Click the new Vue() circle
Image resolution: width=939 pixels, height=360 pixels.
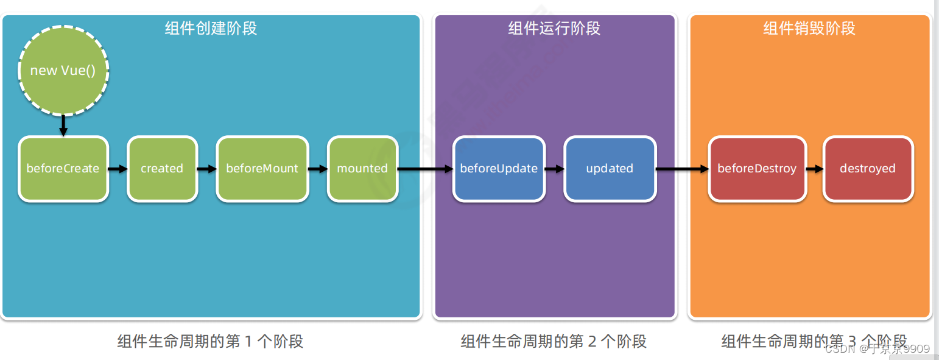click(63, 70)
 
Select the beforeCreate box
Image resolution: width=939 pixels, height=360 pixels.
click(63, 169)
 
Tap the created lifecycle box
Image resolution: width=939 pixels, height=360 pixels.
click(162, 169)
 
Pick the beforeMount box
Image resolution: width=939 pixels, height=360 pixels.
click(262, 169)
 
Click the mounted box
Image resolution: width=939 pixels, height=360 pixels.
click(362, 169)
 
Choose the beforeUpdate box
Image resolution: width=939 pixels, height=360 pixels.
click(499, 169)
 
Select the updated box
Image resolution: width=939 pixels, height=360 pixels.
click(610, 169)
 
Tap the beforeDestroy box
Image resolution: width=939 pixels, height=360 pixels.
click(757, 169)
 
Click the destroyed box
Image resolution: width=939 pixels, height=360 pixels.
click(868, 169)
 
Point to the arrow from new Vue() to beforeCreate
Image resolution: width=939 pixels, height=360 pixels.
click(63, 125)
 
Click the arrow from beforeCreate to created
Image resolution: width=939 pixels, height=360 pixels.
click(118, 169)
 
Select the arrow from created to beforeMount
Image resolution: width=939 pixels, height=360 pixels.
click(207, 169)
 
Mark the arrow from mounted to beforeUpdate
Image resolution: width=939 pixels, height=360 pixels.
click(425, 169)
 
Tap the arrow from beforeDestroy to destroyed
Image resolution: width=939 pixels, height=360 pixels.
click(814, 169)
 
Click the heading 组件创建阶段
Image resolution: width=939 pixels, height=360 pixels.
click(211, 29)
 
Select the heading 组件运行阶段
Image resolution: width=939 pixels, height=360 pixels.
click(554, 29)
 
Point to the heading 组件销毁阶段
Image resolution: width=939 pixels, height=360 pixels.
click(809, 29)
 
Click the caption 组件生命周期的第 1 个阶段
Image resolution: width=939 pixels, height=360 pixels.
click(210, 341)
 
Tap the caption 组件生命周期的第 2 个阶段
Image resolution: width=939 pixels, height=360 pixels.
click(554, 341)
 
